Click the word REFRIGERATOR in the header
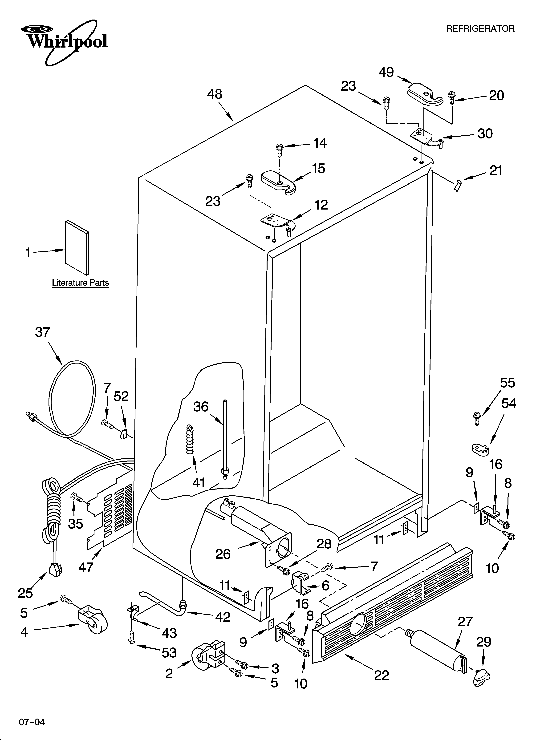480,29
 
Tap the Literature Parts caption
80,283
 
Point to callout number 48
215,95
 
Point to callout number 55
508,383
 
